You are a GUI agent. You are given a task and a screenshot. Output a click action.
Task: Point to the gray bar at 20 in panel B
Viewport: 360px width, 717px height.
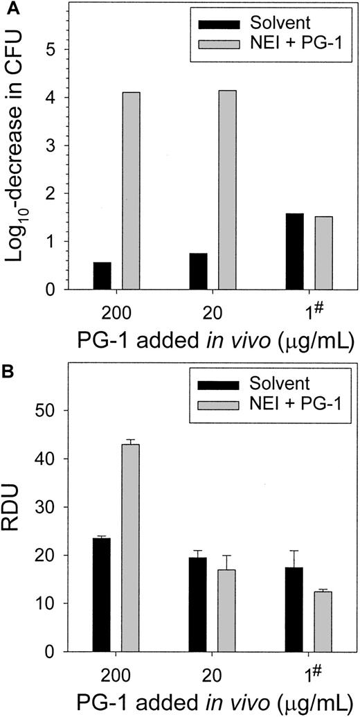click(226, 610)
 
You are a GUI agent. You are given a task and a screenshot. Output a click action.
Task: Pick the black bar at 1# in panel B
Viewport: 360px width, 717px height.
click(294, 609)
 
